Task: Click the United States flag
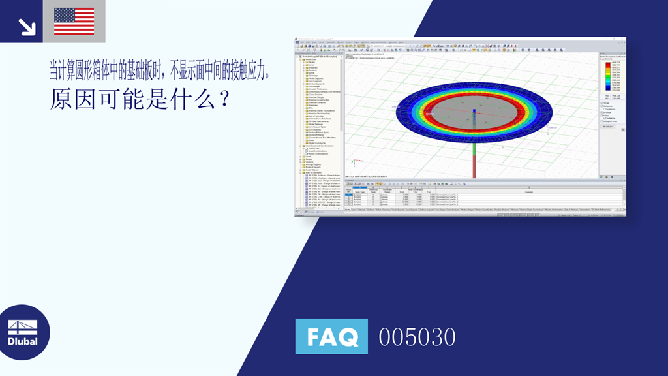tap(74, 21)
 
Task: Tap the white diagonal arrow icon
tap(26, 26)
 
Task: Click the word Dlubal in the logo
tap(23, 341)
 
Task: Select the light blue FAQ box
tap(331, 336)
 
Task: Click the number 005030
tap(417, 337)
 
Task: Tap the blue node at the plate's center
tap(474, 111)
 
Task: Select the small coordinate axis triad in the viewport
tap(354, 162)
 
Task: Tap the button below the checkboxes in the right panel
tap(608, 126)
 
